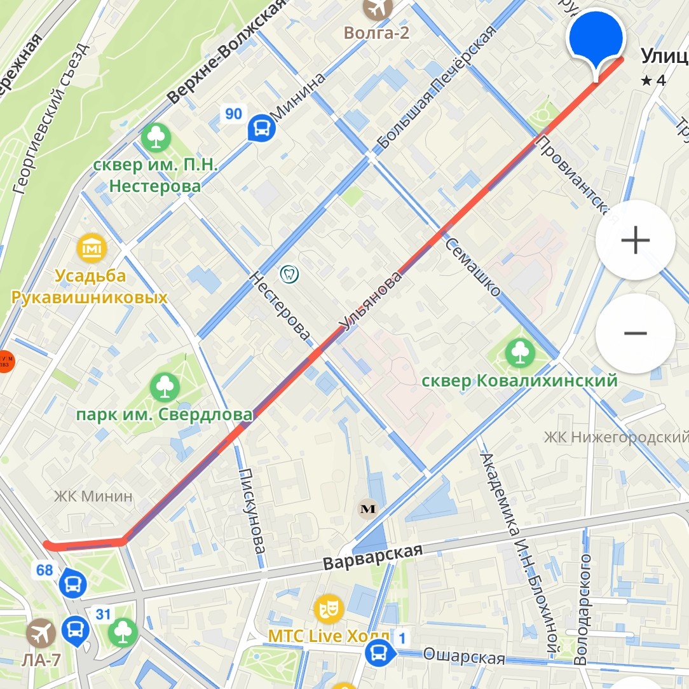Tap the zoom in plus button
click(635, 240)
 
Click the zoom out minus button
click(635, 333)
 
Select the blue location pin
click(596, 39)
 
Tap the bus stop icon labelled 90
click(261, 128)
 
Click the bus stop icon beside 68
click(72, 583)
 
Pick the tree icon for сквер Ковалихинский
click(520, 353)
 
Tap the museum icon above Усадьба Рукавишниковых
click(92, 249)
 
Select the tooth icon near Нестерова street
click(289, 274)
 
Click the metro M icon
click(367, 508)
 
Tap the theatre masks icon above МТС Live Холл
click(329, 609)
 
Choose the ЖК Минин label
click(93, 496)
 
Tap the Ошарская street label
click(464, 656)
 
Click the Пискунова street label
click(252, 518)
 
